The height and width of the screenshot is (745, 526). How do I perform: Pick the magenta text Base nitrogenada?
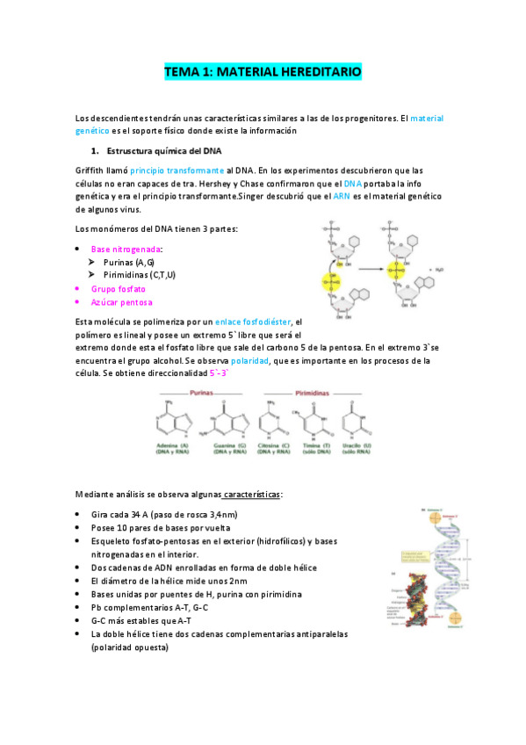tap(126, 250)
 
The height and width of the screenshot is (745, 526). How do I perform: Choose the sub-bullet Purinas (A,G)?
tap(128, 263)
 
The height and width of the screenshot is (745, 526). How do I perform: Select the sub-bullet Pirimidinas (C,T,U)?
tap(139, 275)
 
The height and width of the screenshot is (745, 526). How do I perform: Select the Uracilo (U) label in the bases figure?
tap(351, 449)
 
